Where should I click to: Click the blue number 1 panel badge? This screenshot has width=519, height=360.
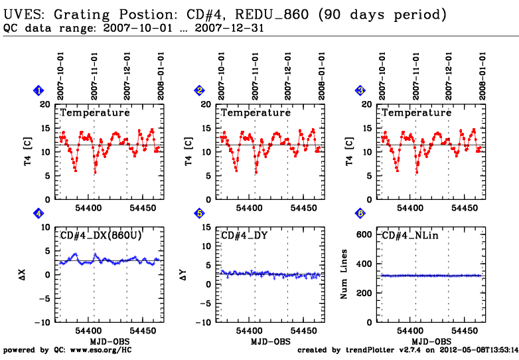(x=39, y=91)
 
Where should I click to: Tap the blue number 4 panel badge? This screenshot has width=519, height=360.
(x=39, y=214)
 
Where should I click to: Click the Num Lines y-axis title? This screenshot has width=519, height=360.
(x=344, y=274)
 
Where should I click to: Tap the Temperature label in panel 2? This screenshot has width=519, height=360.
(x=256, y=113)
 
